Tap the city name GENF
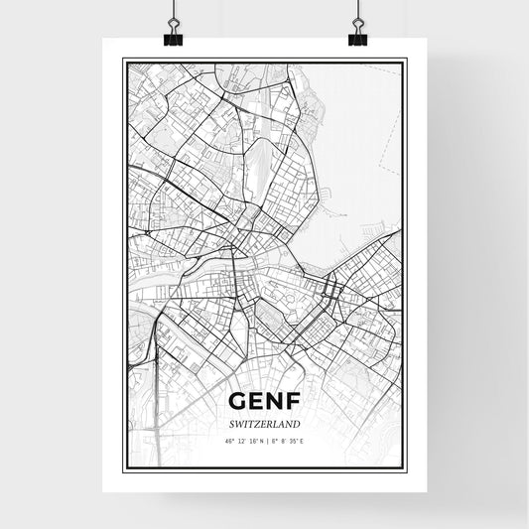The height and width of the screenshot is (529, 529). (264, 401)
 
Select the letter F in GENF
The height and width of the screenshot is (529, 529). (290, 401)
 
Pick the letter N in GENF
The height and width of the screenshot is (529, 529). (273, 401)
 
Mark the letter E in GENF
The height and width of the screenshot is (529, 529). (256, 401)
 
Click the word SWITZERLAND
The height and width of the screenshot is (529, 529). (264, 423)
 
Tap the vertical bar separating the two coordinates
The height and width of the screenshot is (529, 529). (265, 440)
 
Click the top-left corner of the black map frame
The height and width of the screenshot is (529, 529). (124, 61)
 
